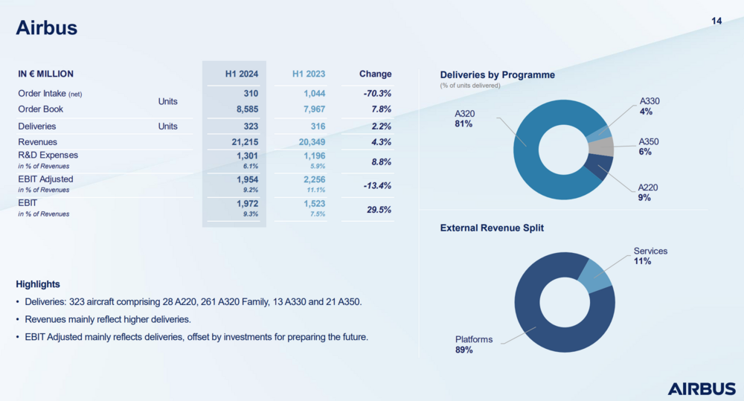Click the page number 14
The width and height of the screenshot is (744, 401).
click(716, 21)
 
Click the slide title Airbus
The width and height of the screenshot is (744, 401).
click(47, 28)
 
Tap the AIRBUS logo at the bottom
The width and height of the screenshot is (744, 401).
click(701, 388)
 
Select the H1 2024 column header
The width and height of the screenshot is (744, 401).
click(242, 74)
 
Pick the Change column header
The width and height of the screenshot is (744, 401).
click(375, 74)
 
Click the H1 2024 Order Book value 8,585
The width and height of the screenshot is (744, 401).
click(246, 109)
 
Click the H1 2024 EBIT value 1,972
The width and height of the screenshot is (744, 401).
click(247, 203)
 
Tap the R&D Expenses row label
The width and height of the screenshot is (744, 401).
click(48, 155)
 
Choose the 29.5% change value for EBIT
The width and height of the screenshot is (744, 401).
click(379, 209)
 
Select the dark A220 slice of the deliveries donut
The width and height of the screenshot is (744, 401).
click(598, 167)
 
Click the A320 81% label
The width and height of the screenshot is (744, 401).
click(465, 118)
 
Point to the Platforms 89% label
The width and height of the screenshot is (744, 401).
click(474, 344)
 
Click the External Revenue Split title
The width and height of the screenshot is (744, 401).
click(492, 228)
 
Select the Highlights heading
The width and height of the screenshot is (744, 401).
click(38, 284)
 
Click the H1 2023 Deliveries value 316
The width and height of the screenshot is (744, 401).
click(315, 126)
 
